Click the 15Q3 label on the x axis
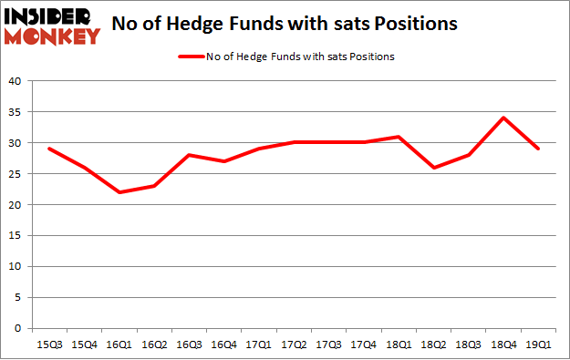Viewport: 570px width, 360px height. point(48,345)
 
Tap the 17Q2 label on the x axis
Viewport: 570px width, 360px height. point(294,345)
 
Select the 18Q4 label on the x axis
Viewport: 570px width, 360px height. point(503,345)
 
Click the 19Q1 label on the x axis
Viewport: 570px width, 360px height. point(538,345)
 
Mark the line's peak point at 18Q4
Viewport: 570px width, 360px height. point(503,118)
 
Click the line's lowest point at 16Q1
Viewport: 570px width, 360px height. point(119,192)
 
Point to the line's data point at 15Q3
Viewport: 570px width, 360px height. point(48,149)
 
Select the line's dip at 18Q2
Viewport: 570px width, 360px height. point(433,168)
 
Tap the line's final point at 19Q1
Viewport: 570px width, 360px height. point(538,149)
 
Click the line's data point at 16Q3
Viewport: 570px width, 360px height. point(189,155)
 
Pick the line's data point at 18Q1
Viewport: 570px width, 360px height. point(399,137)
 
